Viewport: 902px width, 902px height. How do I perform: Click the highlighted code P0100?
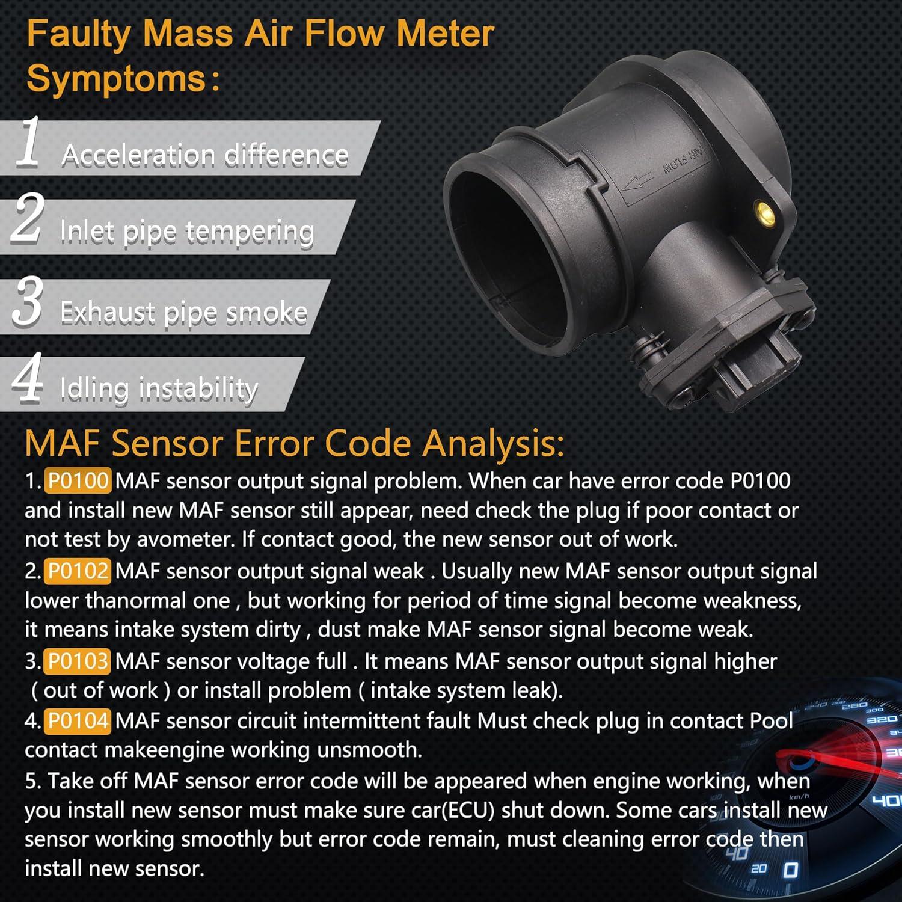click(x=78, y=481)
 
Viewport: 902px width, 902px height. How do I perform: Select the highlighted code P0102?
click(x=78, y=571)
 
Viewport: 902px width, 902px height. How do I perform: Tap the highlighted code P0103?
click(x=78, y=661)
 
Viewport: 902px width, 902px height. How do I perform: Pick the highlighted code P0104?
click(x=78, y=720)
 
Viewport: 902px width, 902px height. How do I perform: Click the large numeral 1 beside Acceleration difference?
click(x=28, y=143)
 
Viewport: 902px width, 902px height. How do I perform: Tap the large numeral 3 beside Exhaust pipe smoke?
click(x=28, y=301)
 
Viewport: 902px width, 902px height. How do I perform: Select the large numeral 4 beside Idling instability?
click(x=28, y=377)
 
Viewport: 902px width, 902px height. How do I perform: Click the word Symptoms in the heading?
click(x=117, y=79)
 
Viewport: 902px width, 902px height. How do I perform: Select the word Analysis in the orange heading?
click(x=492, y=443)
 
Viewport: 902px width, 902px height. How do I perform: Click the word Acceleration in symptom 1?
click(x=138, y=155)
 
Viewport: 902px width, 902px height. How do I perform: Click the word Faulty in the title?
click(x=78, y=34)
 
